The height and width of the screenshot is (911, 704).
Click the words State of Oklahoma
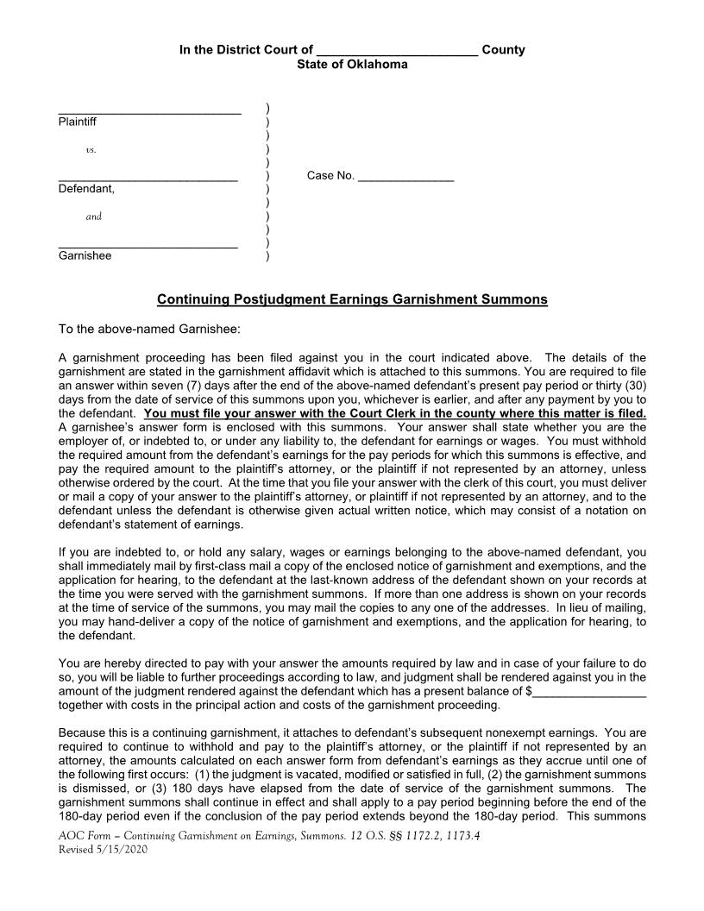[x=352, y=65]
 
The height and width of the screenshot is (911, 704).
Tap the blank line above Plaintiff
[x=149, y=111]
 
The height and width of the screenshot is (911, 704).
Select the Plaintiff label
[x=78, y=122]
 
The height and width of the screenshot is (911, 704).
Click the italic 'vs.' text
[x=91, y=150]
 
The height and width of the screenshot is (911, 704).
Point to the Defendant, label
[x=86, y=188]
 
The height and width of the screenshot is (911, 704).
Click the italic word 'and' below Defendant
[x=94, y=217]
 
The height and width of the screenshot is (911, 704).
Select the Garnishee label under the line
[x=85, y=255]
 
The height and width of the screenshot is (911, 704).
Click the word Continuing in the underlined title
[x=193, y=299]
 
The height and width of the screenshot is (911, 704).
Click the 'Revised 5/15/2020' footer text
[x=103, y=850]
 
